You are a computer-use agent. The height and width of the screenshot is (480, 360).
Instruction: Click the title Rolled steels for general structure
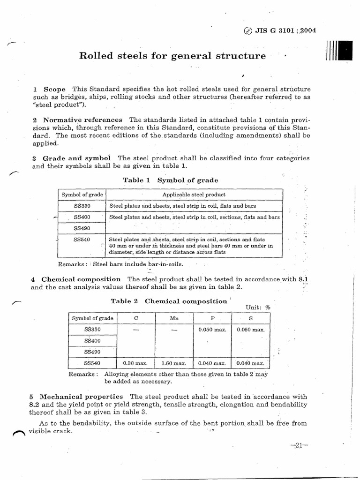[x=172, y=56]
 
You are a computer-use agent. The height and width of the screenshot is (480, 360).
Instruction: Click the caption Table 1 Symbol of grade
[x=170, y=180]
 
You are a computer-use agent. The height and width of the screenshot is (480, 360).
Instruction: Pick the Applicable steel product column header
[x=194, y=195]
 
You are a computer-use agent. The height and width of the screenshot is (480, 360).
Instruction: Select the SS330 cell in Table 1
[x=82, y=206]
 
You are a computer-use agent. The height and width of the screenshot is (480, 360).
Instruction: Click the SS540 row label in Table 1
[x=82, y=240]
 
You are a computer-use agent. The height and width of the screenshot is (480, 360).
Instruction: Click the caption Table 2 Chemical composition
[x=168, y=301]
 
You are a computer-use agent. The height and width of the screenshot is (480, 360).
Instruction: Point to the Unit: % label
[x=258, y=307]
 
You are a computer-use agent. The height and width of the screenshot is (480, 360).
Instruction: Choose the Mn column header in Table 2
[x=174, y=318]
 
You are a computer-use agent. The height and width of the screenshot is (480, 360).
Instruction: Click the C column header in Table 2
[x=136, y=318]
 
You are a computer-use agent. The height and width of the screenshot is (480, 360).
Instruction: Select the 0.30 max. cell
[x=135, y=363]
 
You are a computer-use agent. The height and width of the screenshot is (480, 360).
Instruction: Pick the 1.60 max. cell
[x=174, y=363]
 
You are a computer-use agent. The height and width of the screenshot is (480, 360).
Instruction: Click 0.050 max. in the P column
[x=212, y=330]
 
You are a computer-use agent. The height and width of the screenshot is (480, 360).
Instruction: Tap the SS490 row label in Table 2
[x=92, y=352]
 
